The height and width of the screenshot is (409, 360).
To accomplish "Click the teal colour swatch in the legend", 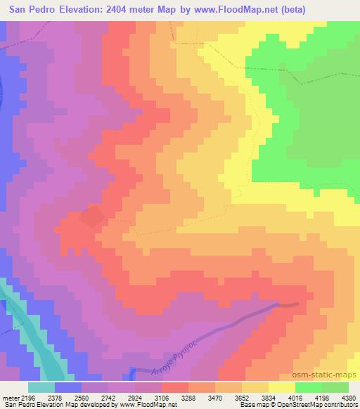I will tap(41, 387).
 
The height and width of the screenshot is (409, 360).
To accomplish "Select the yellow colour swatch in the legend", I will tap(282, 387).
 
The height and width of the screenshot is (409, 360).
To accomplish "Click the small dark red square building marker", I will tap(91, 216).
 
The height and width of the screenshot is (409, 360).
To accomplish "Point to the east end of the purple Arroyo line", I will tap(297, 304).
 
